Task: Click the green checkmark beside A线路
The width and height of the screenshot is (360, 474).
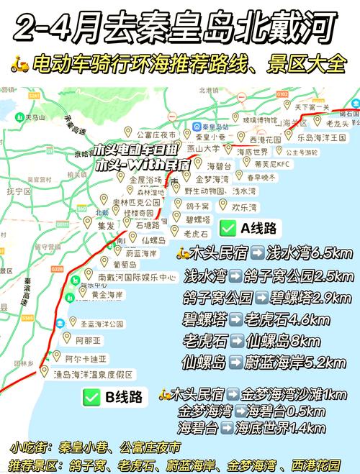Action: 228,228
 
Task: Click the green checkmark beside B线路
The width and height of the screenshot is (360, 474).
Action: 91,395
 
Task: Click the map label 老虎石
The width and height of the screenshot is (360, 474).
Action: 195,233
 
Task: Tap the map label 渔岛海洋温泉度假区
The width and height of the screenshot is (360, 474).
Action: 94,374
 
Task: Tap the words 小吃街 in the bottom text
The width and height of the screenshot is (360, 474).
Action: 25,447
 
